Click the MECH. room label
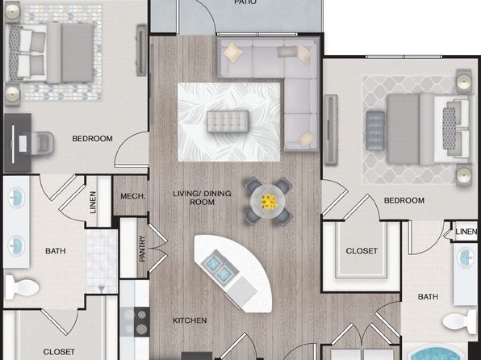(x=133, y=196)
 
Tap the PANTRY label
(x=142, y=249)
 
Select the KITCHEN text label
(x=190, y=320)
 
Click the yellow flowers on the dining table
(x=269, y=202)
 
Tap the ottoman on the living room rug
(x=228, y=122)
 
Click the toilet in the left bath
(x=22, y=287)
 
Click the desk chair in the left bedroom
(x=42, y=143)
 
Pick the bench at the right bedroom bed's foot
(x=375, y=131)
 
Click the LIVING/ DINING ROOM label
(x=202, y=198)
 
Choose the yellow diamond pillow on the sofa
(x=232, y=52)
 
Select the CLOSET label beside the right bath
(x=362, y=251)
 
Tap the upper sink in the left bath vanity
(x=16, y=198)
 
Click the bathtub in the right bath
(x=436, y=352)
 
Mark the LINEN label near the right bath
(x=466, y=232)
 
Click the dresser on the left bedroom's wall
(x=141, y=51)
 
